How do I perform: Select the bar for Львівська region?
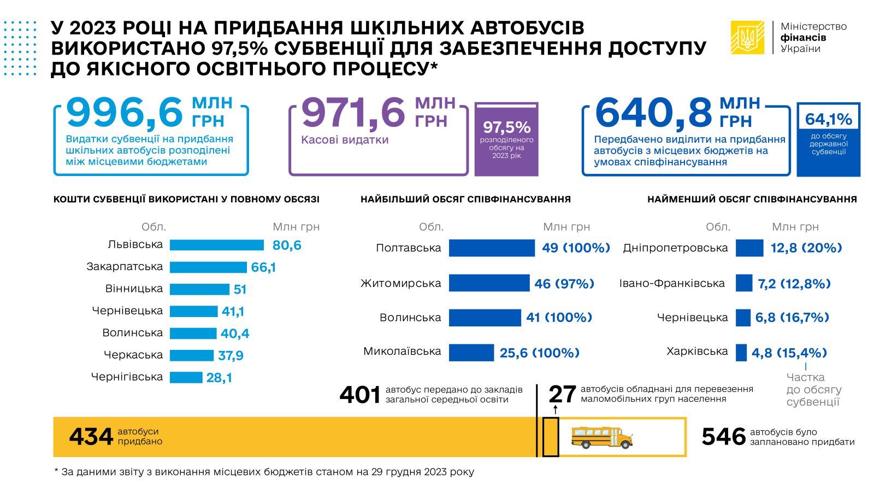point(216,245)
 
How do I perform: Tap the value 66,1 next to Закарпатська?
point(263,267)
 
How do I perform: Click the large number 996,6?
point(125,112)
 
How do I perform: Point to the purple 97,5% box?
point(506,139)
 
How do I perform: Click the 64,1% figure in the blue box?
point(828,119)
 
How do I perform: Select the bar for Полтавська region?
point(492,248)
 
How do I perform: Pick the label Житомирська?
point(400,283)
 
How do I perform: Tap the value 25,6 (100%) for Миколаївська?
point(539,353)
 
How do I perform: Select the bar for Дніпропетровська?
point(749,248)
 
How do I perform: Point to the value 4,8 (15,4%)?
point(789,353)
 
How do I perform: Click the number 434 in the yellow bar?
point(91,437)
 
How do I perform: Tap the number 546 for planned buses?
point(723,437)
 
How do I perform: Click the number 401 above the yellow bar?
point(360,395)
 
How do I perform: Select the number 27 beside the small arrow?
point(562,394)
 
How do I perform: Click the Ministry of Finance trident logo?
point(747,37)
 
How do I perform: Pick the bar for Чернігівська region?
point(186,377)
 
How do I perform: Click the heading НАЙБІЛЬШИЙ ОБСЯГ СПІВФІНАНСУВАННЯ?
point(465,200)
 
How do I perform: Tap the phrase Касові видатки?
point(345,140)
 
